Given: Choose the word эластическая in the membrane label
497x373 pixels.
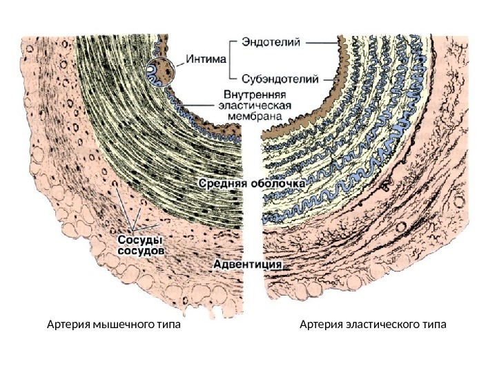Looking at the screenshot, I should click(255, 106).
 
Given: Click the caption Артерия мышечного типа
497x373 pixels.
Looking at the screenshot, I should click(113, 324).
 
